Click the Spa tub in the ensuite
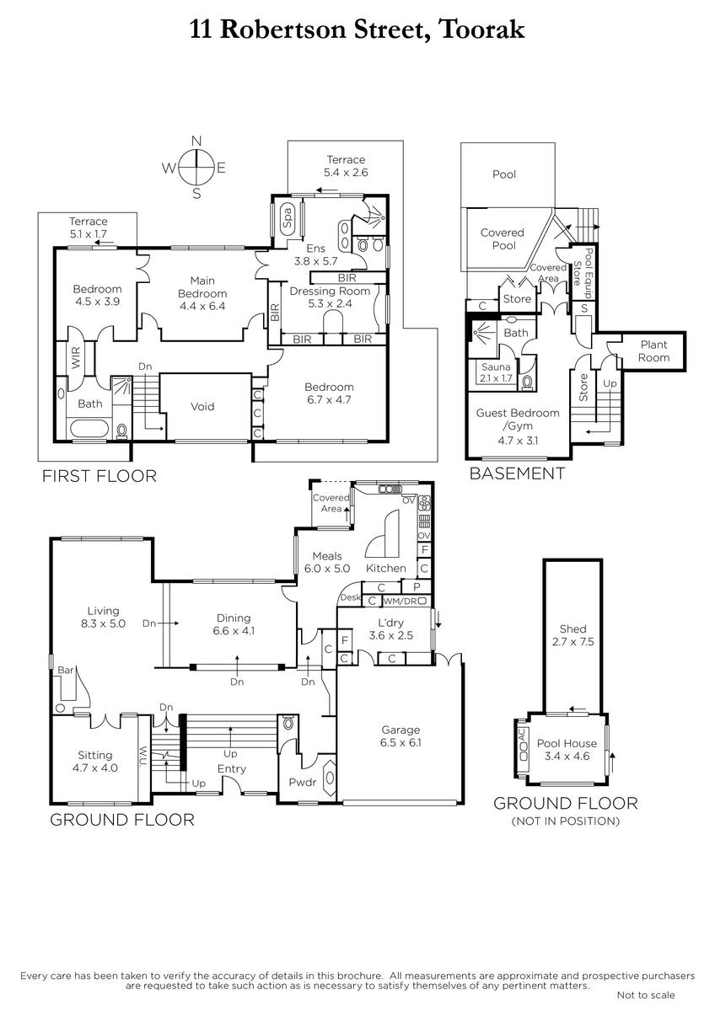pos(287,218)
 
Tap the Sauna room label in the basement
pos(496,367)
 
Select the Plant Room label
pos(653,351)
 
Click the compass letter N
pos(196,141)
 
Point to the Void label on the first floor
pos(202,406)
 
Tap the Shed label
pos(573,629)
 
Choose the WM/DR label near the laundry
pos(401,602)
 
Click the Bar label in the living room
pos(66,671)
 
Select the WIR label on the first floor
pos(75,357)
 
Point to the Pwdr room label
pos(303,782)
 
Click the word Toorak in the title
pos(481,29)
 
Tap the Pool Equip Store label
pos(583,274)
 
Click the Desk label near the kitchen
pos(351,597)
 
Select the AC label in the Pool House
pos(523,734)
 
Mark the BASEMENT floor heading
pos(517,473)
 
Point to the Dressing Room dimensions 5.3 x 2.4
pos(330,303)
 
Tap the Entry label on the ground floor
pos(232,768)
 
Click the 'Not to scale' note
pos(646,994)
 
